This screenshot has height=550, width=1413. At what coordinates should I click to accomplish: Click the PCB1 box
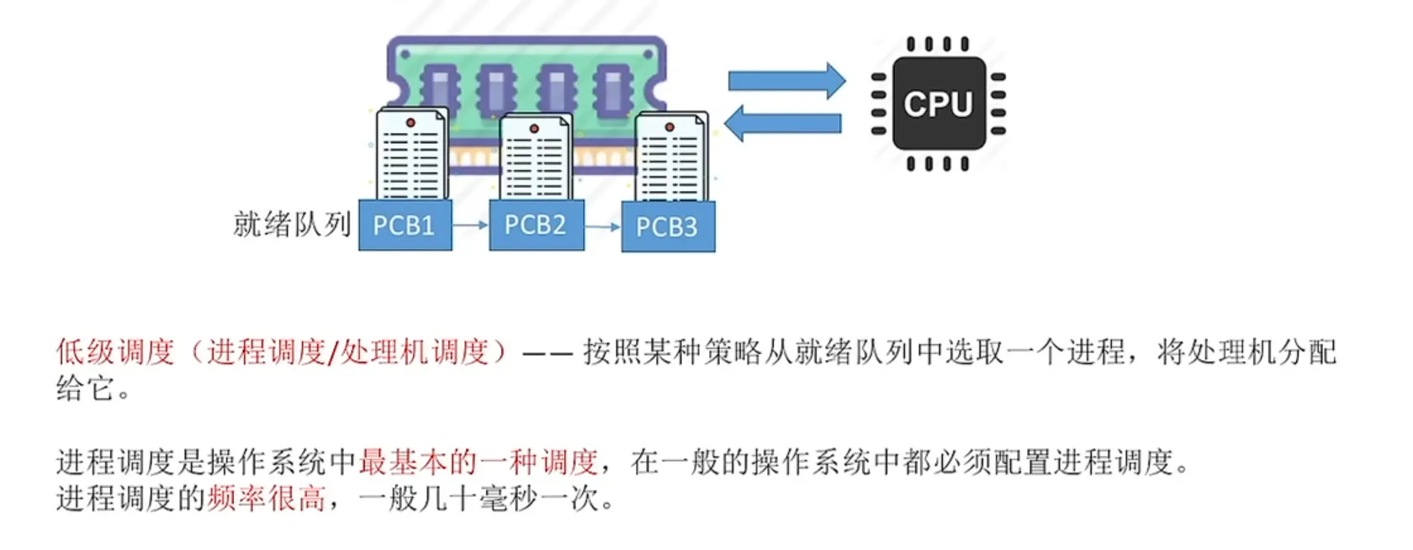pos(405,225)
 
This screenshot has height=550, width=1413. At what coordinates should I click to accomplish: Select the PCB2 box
pos(536,225)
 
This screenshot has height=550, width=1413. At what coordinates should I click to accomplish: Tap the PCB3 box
pos(668,227)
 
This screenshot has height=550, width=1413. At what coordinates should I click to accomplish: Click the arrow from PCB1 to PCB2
pos(470,225)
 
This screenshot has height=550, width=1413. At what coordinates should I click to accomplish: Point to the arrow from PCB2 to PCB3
pos(602,227)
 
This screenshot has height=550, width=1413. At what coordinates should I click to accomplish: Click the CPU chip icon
pos(938,104)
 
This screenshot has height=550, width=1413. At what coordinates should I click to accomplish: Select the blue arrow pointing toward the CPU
pos(786,81)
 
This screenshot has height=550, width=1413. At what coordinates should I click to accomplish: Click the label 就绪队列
pos(292,225)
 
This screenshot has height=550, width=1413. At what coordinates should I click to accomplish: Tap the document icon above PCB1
pos(411,156)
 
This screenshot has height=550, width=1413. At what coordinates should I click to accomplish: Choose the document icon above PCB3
pos(670,159)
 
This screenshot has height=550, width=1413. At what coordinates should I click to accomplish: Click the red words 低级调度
pos(115,352)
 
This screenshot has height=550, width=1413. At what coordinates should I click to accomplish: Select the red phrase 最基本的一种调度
pos(478,462)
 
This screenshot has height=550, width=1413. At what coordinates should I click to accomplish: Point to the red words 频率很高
pos(266,500)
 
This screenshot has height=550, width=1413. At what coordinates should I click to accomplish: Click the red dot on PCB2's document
pos(534,129)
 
